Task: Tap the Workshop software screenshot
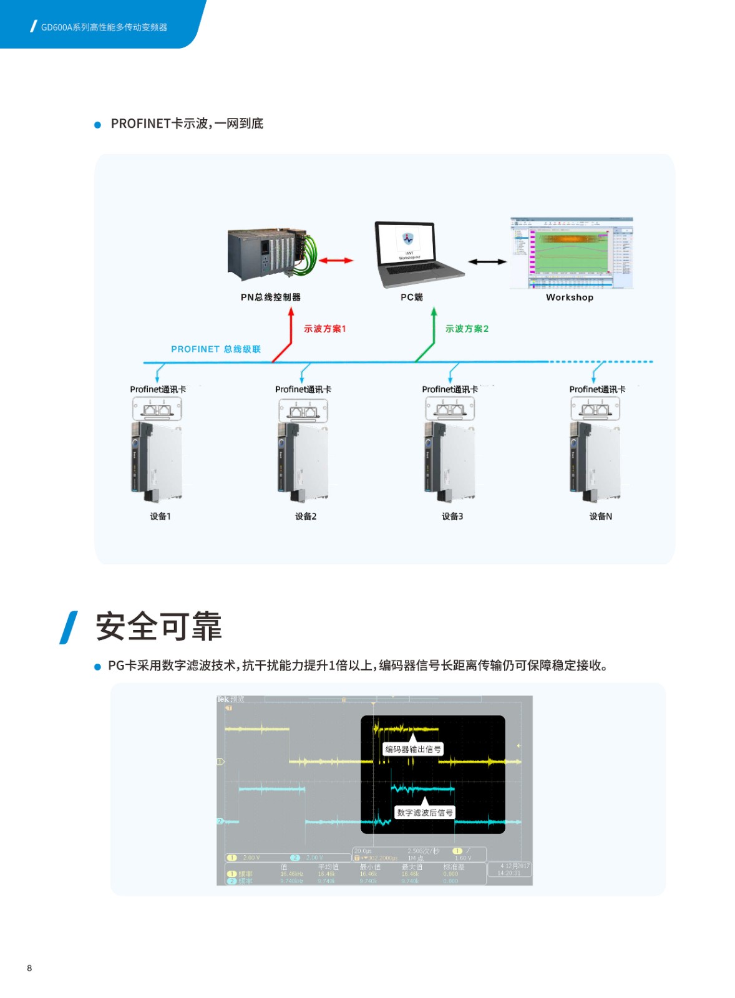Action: (x=571, y=253)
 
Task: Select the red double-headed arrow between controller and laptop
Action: (x=336, y=261)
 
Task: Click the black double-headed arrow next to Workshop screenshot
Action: (x=487, y=262)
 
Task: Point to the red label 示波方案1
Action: (x=324, y=329)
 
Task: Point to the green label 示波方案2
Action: (x=467, y=329)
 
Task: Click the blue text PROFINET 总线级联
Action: (x=216, y=349)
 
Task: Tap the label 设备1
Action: (x=160, y=516)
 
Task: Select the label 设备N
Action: (x=600, y=516)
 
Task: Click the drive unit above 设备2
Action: (x=303, y=462)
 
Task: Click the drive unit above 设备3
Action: (x=450, y=462)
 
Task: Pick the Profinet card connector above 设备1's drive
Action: (x=157, y=409)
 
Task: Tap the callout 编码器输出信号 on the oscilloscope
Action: (x=413, y=749)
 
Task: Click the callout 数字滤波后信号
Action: (x=425, y=812)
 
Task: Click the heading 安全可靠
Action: (x=158, y=627)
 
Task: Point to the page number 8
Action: (x=29, y=968)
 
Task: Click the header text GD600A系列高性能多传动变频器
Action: (x=104, y=27)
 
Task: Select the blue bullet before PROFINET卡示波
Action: (x=97, y=125)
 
